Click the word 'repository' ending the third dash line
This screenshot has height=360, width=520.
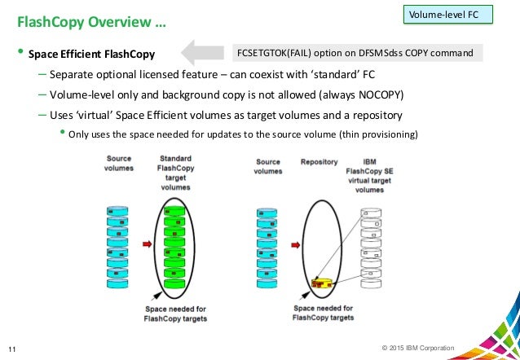[377, 114]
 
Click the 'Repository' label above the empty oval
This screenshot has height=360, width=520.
[319, 162]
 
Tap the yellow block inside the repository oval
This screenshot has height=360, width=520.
[323, 283]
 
